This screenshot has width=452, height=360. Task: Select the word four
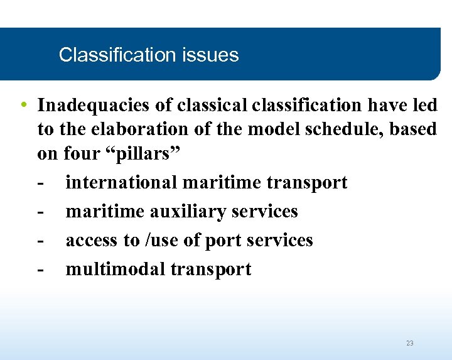(82, 155)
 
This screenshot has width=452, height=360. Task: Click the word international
(122, 183)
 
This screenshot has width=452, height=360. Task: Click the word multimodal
(116, 270)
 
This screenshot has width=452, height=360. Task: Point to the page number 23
(409, 343)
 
